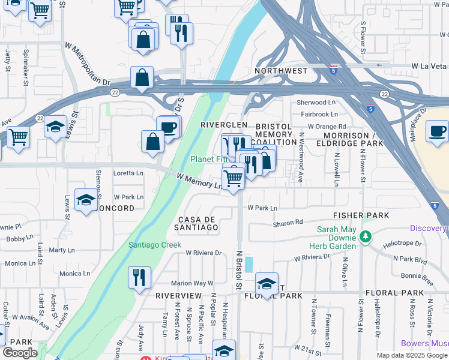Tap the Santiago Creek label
pos(154,245)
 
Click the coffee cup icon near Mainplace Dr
pos(437,130)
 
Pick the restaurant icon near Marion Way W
pos(139,277)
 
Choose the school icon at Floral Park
pos(267,283)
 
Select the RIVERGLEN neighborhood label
pos(223,124)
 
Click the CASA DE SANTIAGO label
pos(196,223)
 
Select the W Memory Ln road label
pos(200,181)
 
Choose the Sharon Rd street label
pos(288,223)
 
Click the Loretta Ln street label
pos(128,173)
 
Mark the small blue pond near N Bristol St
pos(249,264)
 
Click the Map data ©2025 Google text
pos(411,355)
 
